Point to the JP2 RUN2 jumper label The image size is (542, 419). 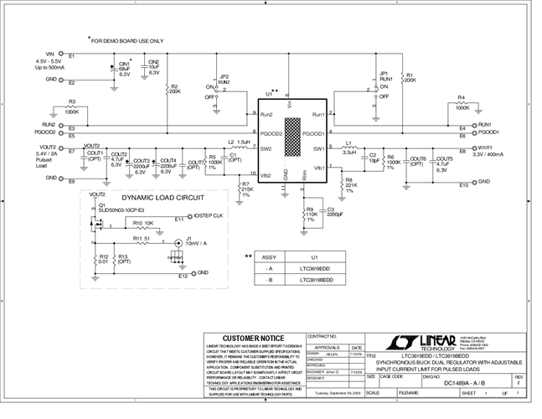pos(223,80)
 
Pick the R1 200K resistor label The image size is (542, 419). pos(410,76)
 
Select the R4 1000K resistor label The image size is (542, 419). pos(462,102)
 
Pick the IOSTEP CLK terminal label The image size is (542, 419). pos(209,216)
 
